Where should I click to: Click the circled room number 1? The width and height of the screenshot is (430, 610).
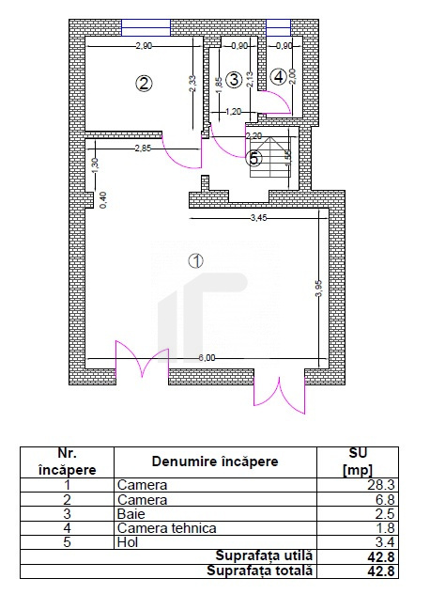196,261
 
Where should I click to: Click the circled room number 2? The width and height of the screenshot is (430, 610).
144,83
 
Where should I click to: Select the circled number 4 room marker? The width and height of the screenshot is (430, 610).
278,76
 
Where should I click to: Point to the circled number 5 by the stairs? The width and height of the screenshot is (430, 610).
254,158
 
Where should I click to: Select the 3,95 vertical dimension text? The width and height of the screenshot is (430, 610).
319,289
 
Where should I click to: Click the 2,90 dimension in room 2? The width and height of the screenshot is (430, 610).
143,46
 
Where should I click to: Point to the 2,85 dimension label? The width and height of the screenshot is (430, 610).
143,149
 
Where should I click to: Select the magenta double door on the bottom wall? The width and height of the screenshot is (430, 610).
142,360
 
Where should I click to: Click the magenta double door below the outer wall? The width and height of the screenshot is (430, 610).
279,393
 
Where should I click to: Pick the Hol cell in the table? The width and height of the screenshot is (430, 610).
127,542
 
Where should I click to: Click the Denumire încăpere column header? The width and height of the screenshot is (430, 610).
215,461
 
